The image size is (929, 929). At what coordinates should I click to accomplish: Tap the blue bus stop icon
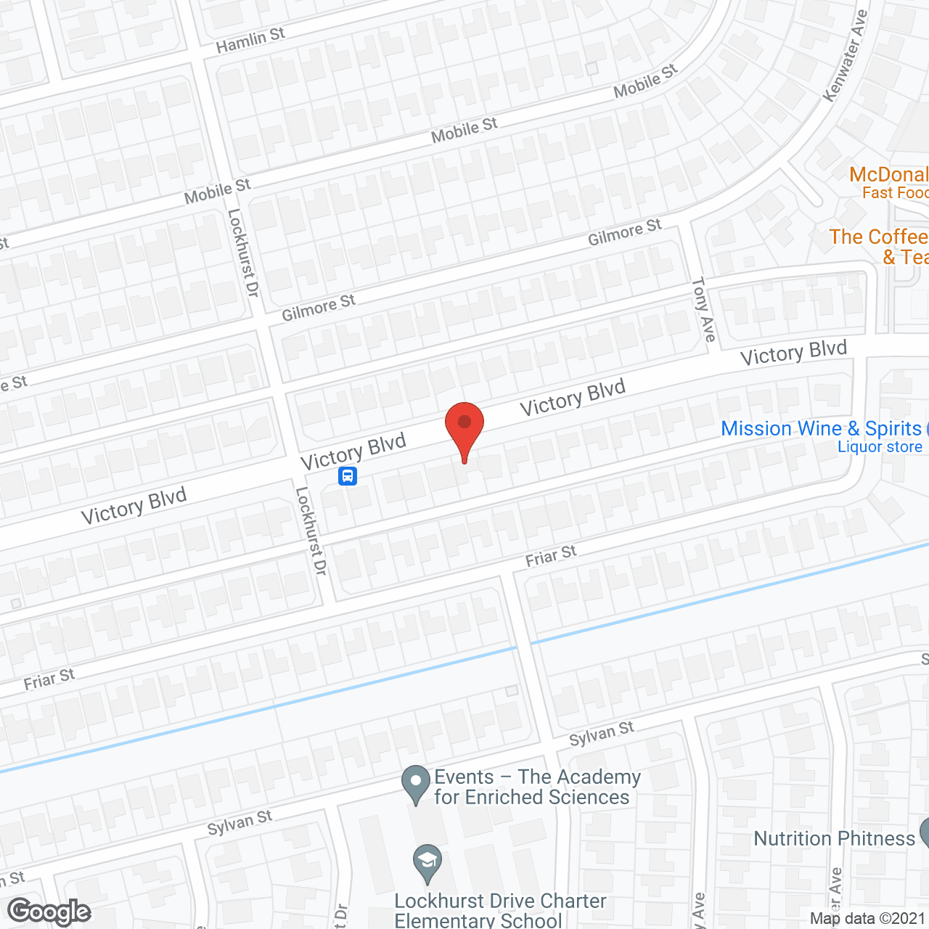[348, 477]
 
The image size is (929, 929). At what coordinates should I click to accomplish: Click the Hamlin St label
[250, 40]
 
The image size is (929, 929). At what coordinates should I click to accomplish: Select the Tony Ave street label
[703, 309]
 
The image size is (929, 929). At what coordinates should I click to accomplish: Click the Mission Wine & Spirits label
[821, 428]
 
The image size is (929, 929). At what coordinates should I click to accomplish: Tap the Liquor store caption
[880, 447]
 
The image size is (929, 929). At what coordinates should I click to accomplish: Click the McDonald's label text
[888, 175]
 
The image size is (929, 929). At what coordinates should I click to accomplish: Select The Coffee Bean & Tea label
[879, 237]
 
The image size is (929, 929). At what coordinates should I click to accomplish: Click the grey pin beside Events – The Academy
[416, 784]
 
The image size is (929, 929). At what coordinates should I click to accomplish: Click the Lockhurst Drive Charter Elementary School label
[499, 911]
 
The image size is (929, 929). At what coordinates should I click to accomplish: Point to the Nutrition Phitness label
[834, 838]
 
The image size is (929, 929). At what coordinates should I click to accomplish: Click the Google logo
[49, 912]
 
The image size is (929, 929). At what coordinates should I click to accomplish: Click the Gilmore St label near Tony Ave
[624, 232]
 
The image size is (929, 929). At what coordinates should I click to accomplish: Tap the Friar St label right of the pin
[551, 556]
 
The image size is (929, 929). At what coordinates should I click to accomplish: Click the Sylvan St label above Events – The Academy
[601, 734]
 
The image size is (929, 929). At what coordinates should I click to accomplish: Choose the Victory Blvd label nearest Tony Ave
[793, 353]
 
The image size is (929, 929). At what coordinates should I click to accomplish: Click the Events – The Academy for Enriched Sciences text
[537, 787]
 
